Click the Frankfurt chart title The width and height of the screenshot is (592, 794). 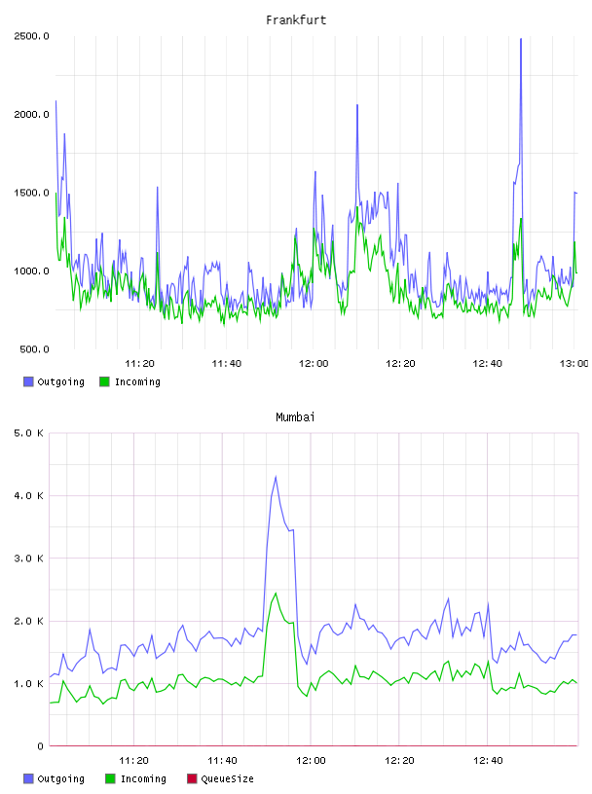point(296,20)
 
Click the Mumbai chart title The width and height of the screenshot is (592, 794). point(295,417)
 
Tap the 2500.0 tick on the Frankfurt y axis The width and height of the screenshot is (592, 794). point(31,36)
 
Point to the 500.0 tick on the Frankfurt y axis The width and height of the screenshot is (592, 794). point(34,349)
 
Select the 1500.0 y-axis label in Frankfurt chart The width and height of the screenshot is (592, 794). point(31,193)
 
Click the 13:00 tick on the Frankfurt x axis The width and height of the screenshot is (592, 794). point(573,364)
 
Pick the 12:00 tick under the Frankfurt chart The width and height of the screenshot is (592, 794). point(314,364)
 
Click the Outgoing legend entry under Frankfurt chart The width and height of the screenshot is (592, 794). point(54,381)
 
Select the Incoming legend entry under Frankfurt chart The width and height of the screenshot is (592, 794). point(129,381)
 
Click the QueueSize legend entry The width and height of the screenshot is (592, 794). point(220,778)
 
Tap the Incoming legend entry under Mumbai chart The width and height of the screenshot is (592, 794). point(136,778)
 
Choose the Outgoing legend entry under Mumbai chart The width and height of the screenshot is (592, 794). point(54,778)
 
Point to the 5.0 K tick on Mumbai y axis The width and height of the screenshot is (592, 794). point(29,433)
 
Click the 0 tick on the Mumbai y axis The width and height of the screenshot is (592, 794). point(40,746)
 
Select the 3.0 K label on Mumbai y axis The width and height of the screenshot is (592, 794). point(29,559)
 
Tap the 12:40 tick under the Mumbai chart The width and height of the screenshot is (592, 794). point(488,761)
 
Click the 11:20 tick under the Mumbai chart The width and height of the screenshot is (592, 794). point(133,761)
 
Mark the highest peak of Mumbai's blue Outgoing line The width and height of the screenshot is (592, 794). point(276,476)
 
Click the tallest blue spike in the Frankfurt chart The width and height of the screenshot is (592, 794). point(521,39)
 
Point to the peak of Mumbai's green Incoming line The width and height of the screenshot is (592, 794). point(276,593)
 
